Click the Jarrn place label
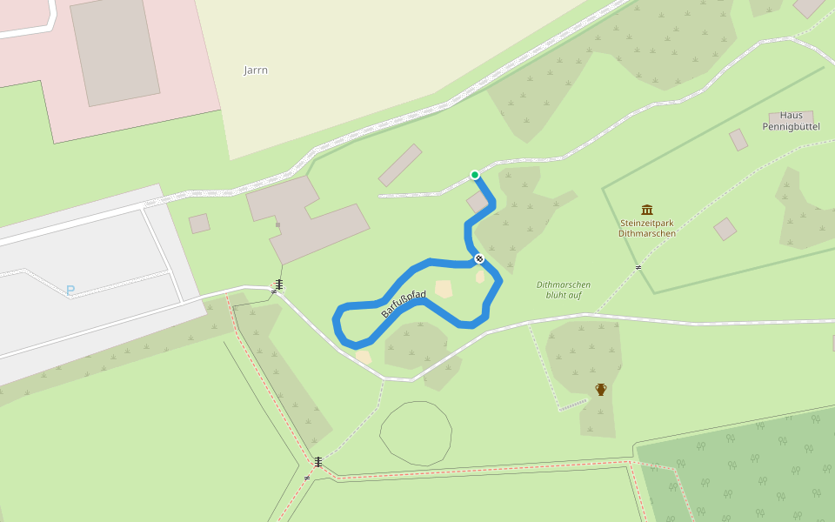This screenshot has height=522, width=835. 256,70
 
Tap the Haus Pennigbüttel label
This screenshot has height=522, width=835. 791,121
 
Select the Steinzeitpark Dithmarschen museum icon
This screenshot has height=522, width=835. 647,210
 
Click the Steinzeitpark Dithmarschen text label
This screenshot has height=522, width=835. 647,228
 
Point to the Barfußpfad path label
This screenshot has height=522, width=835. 404,304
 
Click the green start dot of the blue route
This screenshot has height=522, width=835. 475,175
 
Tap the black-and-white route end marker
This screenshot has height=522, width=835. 479,258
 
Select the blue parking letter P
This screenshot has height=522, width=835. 70,291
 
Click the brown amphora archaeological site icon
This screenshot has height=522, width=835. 600,389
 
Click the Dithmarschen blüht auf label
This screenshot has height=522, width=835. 564,290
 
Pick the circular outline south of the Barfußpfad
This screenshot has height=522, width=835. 416,433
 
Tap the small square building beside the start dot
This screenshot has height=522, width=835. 478,203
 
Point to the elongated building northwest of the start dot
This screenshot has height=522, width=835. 400,165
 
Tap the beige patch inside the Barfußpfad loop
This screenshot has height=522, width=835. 444,289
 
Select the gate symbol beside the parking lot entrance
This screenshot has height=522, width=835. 278,284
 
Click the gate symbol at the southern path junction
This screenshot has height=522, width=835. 318,462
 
